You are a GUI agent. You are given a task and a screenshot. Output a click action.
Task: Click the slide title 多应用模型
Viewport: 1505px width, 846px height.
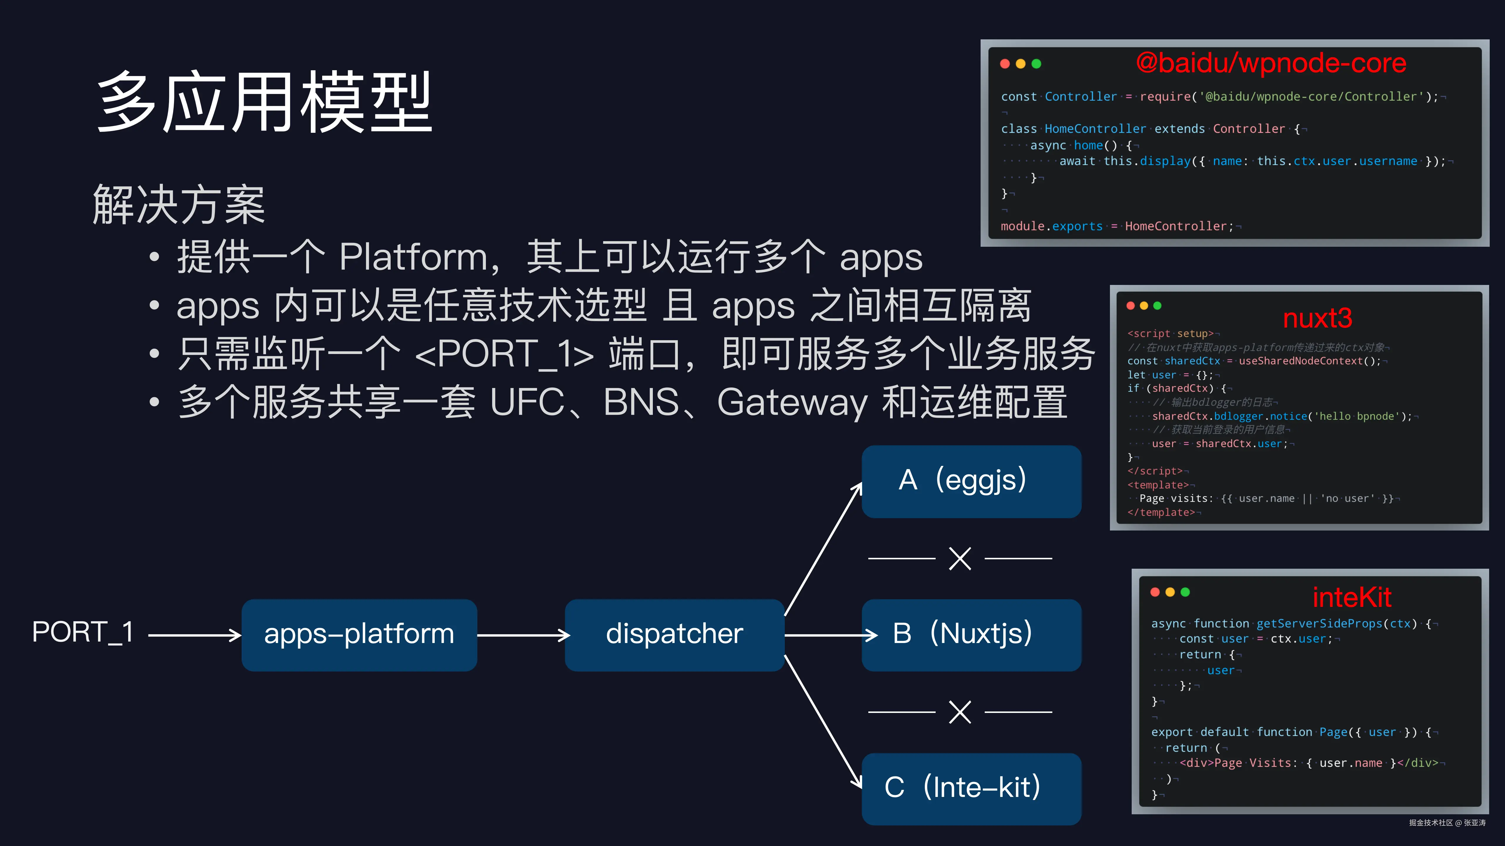coord(264,102)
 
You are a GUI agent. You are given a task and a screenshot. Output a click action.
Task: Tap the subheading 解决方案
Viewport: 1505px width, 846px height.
coord(179,204)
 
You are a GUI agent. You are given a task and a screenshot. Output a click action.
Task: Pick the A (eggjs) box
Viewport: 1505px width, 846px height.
coord(971,481)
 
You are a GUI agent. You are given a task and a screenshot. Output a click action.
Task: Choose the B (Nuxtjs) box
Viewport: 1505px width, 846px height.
coord(971,634)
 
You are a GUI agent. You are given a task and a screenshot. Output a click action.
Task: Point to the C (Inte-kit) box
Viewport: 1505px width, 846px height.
coord(971,788)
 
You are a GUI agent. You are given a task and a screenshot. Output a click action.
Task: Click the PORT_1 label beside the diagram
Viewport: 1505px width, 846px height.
coord(83,632)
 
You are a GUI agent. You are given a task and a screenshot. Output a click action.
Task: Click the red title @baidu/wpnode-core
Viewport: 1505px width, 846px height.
coord(1271,63)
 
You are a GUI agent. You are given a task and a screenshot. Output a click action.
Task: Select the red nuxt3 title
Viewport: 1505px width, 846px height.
coord(1317,318)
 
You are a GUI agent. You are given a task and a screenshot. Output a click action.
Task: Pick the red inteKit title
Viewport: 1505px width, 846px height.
coord(1351,597)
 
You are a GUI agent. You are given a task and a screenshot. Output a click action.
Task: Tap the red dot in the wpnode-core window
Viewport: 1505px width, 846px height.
coord(1005,64)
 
